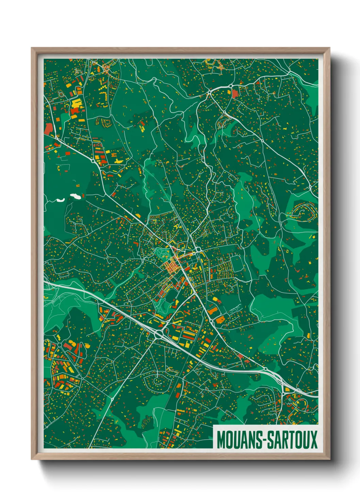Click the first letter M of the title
click(220, 440)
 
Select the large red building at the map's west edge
click(48, 129)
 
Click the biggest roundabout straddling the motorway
click(158, 335)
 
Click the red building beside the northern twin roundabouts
click(235, 93)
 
